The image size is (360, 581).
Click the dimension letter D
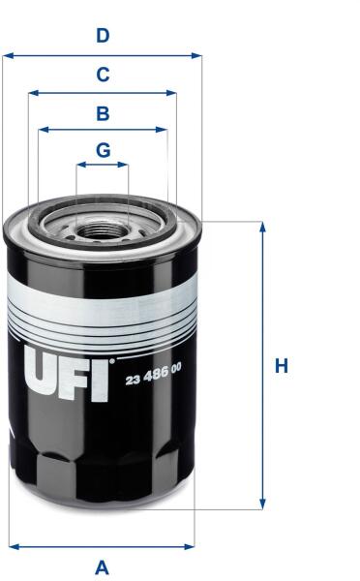pos(103,36)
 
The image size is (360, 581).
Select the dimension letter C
pos(103,75)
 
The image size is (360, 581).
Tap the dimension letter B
pos(103,113)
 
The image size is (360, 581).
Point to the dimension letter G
pos(103,150)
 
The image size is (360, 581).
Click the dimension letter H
pos(282,365)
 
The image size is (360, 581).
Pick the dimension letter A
pos(103,567)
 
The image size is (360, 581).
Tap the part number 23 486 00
pos(153,375)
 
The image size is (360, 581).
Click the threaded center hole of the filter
pos(102,229)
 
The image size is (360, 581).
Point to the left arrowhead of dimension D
pos(8,56)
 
